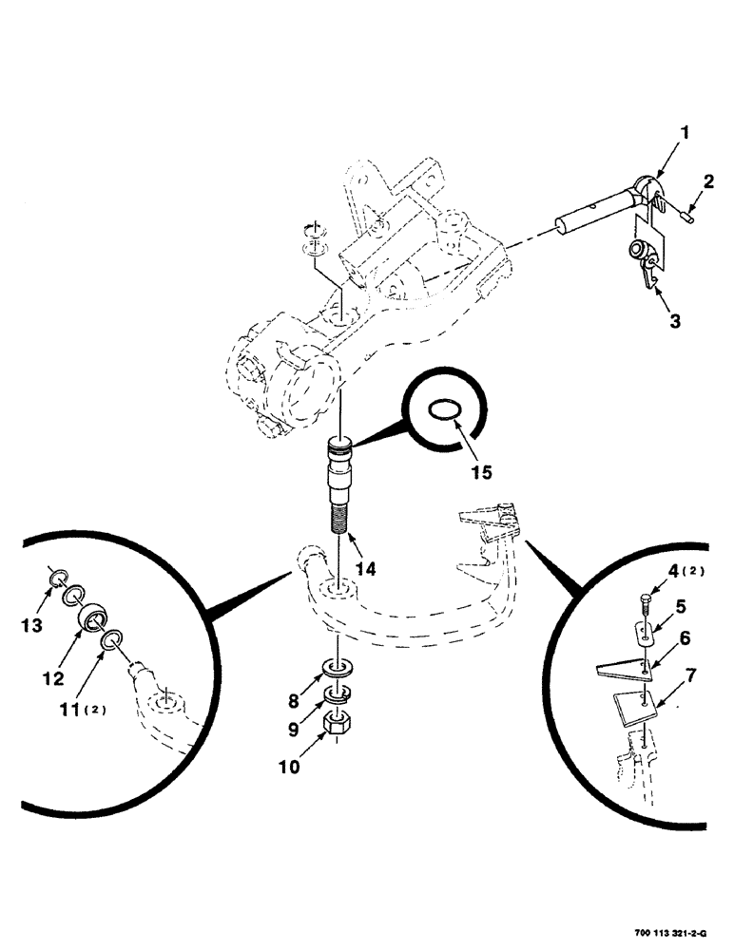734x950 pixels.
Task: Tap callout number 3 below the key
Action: coord(674,321)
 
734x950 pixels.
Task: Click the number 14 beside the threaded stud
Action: coord(366,570)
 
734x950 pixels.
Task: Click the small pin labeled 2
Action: coord(687,216)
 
